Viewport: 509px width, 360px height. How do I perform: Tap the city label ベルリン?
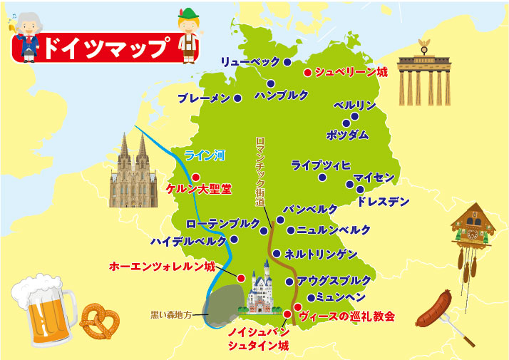[x=354, y=105]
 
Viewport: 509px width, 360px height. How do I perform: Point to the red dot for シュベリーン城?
[x=307, y=72]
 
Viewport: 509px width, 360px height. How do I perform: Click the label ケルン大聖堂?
[x=198, y=190]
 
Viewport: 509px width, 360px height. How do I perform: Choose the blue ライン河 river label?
[x=204, y=154]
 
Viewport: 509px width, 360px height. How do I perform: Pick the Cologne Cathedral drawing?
[x=133, y=173]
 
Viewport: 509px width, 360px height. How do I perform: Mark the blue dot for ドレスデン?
[x=360, y=190]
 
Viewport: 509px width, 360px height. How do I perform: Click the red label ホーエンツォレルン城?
[x=162, y=267]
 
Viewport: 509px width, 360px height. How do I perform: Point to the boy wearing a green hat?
[x=190, y=36]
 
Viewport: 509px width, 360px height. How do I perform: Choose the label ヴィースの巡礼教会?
[x=346, y=316]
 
